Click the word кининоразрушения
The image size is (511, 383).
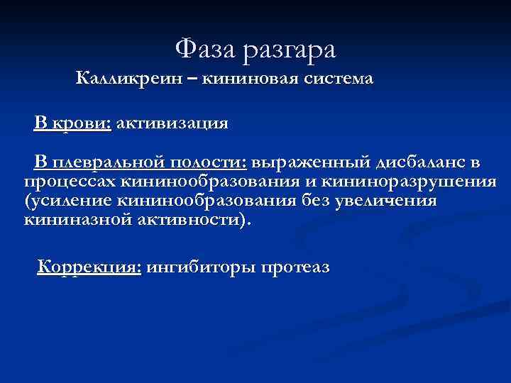click(412, 182)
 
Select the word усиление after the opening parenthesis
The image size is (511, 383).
click(72, 201)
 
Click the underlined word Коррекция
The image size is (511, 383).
click(89, 268)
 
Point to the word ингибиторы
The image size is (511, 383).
click(201, 268)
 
